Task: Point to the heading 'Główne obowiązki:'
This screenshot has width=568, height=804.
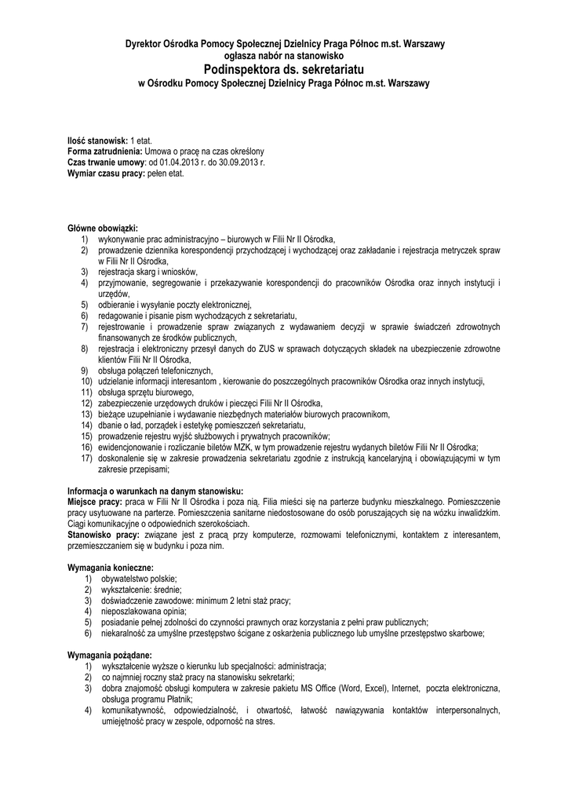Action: pos(103,228)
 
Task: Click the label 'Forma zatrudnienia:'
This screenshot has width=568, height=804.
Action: pos(104,151)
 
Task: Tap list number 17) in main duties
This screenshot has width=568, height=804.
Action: pos(86,457)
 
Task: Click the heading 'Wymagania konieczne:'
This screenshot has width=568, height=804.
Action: pos(111,566)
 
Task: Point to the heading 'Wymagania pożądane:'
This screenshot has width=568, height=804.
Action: pos(110,655)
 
